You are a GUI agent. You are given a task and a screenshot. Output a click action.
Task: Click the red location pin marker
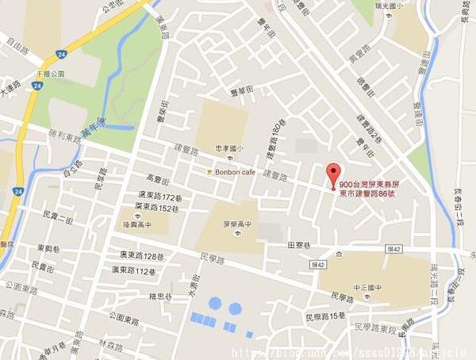[x=333, y=174]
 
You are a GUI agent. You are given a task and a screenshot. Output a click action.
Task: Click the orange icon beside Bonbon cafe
[x=208, y=171]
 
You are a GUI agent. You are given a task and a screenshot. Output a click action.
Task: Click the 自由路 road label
[x=14, y=37]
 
